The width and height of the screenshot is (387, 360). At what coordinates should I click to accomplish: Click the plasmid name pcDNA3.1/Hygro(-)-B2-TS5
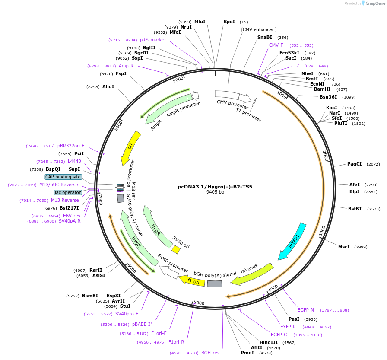215,187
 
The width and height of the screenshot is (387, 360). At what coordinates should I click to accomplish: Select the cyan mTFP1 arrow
292,242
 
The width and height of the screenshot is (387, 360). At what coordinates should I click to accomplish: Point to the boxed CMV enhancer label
258,29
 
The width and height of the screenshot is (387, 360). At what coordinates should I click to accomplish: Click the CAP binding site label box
63,177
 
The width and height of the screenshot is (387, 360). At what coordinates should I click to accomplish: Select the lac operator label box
67,192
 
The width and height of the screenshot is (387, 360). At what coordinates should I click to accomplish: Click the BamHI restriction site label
322,89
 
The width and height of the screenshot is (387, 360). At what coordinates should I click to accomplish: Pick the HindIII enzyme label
268,342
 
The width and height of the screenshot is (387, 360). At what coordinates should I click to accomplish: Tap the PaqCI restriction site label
355,164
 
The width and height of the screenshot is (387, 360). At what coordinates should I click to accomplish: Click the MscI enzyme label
344,247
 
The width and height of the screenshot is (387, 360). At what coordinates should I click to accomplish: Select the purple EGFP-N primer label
306,310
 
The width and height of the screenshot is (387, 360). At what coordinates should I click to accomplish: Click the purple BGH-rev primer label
210,353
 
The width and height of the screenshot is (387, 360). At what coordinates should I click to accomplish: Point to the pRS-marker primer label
153,40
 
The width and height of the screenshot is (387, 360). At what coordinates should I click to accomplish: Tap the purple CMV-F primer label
276,45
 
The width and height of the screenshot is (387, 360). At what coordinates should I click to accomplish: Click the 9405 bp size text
215,192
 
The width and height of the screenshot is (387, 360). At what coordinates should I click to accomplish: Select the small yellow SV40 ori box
176,250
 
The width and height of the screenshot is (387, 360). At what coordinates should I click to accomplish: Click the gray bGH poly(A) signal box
214,284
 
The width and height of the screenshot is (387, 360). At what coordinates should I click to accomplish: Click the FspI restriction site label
121,74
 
